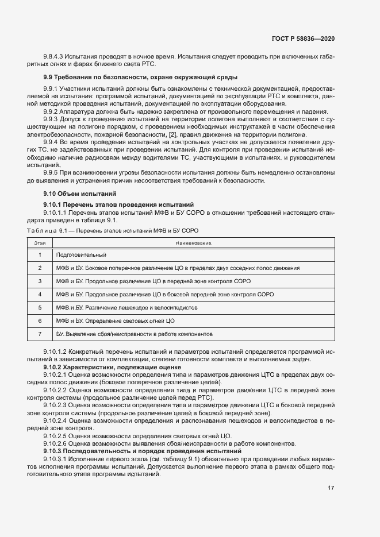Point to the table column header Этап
coord(40,244)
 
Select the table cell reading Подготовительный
coord(81,254)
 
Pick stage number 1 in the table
coord(40,254)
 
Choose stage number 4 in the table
coord(40,294)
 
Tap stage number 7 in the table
coord(40,334)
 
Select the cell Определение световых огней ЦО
coord(115,320)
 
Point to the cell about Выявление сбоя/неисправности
coord(135,334)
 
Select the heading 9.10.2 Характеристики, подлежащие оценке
coord(112,366)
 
